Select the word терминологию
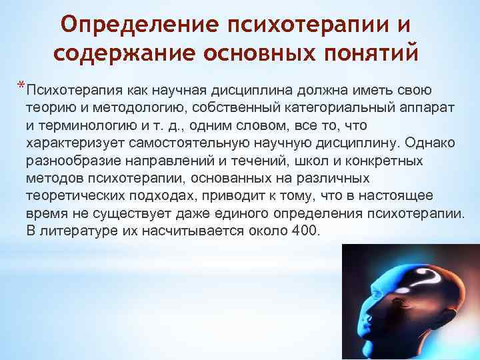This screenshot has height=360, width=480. coord(87,125)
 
